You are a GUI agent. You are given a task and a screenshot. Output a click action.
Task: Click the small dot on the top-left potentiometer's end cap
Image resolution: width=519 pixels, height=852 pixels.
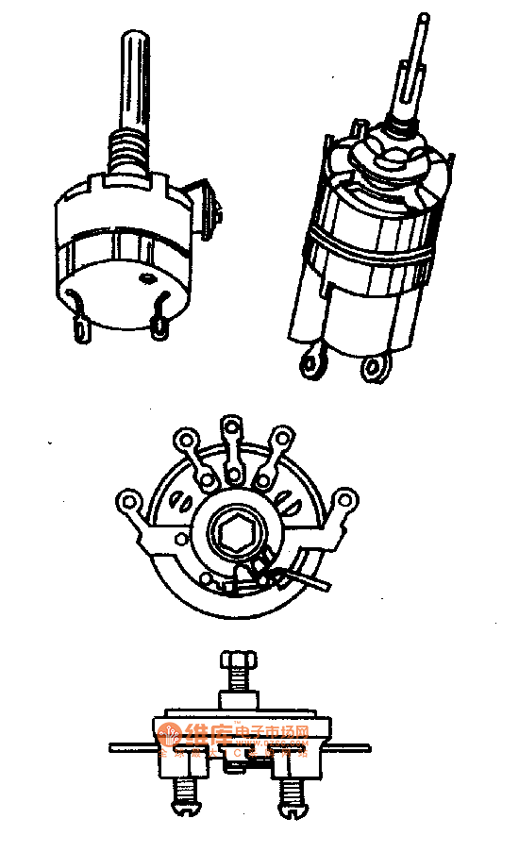click(x=146, y=279)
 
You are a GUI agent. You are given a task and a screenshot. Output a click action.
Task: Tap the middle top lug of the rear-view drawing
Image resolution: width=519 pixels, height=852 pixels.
click(x=229, y=431)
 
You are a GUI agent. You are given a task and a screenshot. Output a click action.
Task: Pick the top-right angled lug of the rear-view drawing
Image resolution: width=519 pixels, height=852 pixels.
click(x=280, y=438)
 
